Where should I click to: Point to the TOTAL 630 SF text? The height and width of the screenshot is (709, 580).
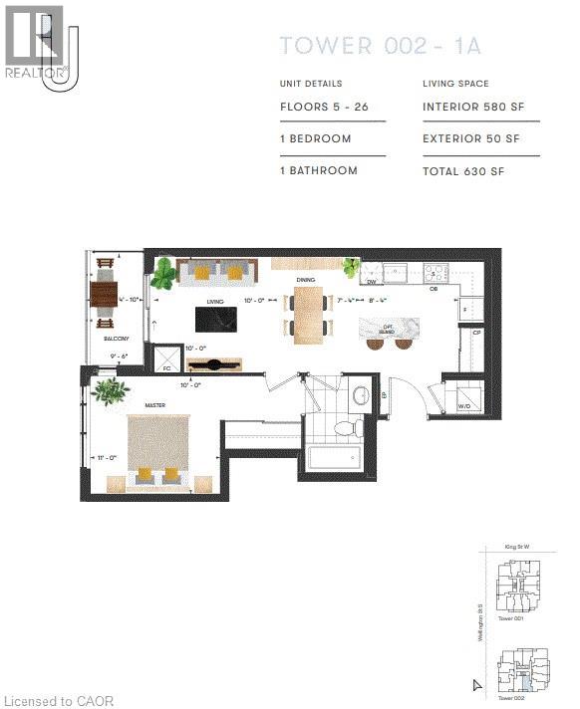(x=463, y=170)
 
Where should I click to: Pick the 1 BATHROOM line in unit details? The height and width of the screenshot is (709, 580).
(x=318, y=170)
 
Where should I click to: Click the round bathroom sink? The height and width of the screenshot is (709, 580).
(x=361, y=395)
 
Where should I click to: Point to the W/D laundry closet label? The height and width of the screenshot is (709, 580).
(x=464, y=406)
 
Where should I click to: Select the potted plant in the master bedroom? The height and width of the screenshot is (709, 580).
(x=109, y=391)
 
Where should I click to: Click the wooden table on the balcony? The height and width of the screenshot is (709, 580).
(x=105, y=294)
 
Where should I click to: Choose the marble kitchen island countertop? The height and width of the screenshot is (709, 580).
(x=391, y=330)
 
